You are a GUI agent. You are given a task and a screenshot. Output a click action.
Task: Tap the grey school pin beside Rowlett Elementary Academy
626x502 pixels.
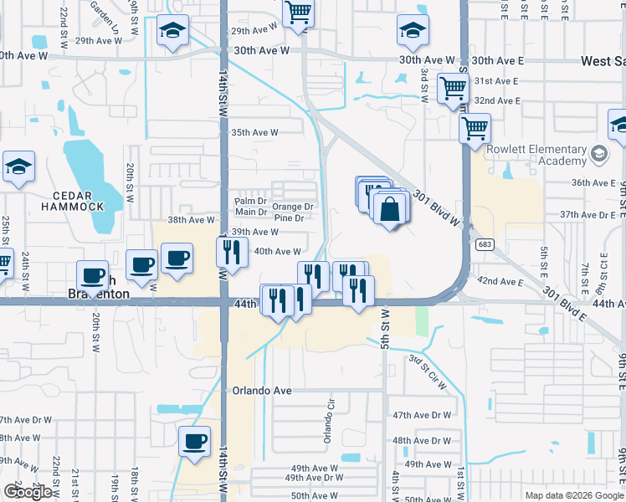coord(599,154)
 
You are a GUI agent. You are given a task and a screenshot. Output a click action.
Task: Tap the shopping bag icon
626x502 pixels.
coord(390,208)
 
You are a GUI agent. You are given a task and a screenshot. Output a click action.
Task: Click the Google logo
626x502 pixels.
coord(27,492)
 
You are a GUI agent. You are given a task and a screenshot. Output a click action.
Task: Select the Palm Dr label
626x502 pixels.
coord(250,202)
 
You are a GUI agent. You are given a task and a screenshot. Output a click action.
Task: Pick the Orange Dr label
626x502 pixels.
coord(293,207)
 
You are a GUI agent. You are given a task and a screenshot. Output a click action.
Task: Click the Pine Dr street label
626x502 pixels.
coord(287,218)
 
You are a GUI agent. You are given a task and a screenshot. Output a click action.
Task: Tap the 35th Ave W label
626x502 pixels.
coord(254,132)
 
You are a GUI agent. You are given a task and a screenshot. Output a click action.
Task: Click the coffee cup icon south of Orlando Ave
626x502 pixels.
coord(195,441)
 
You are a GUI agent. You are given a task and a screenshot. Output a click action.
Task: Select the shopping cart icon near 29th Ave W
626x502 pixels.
coord(297,13)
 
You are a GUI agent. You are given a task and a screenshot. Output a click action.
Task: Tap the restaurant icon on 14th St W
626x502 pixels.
coord(232,251)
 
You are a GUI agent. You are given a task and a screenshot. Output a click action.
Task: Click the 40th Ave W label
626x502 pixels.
coord(277,251)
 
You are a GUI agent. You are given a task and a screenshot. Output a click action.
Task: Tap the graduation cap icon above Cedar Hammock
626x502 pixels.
coord(18,166)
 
